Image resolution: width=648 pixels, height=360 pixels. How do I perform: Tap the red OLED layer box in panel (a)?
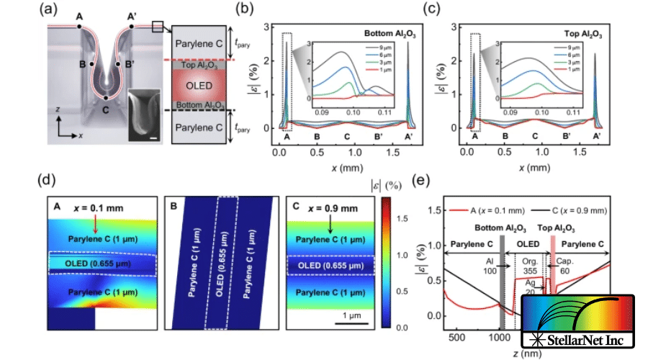[x=197, y=86]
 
